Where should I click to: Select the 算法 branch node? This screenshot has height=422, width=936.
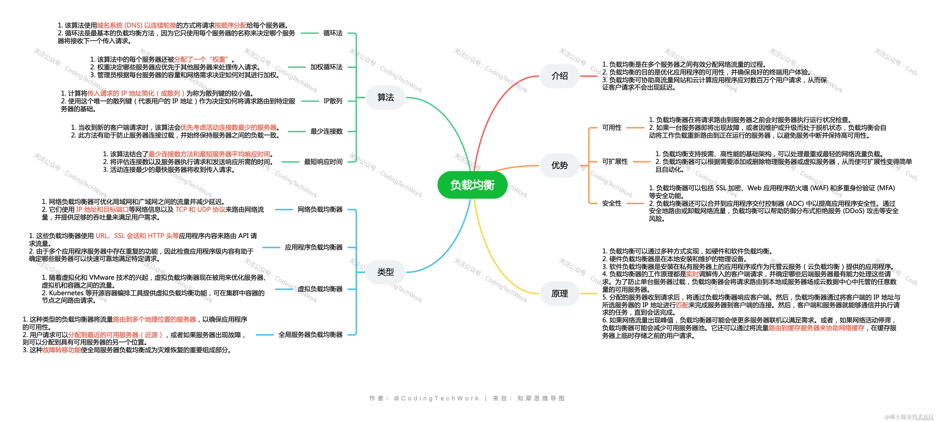click(386, 97)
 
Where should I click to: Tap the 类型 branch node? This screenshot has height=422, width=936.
click(386, 272)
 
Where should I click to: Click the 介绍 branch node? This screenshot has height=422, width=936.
click(559, 76)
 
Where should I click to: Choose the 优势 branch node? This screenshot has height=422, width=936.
click(559, 166)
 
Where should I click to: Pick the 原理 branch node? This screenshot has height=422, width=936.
click(559, 293)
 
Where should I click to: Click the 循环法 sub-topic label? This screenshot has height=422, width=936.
click(333, 33)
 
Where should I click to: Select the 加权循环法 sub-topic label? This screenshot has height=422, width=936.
click(326, 67)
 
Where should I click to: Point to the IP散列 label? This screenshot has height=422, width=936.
click(333, 101)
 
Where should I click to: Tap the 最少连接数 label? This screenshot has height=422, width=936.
click(326, 131)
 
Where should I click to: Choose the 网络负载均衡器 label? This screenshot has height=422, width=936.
click(320, 209)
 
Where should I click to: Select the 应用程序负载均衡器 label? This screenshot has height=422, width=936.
click(313, 247)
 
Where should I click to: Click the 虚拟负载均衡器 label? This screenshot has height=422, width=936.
click(320, 289)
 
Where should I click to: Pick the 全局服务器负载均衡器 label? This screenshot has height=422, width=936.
click(310, 334)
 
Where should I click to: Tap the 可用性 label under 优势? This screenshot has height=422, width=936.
click(612, 128)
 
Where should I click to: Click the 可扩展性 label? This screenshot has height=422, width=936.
click(615, 161)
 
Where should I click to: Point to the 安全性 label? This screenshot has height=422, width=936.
click(612, 203)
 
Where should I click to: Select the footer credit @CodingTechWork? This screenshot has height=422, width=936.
click(436, 398)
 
